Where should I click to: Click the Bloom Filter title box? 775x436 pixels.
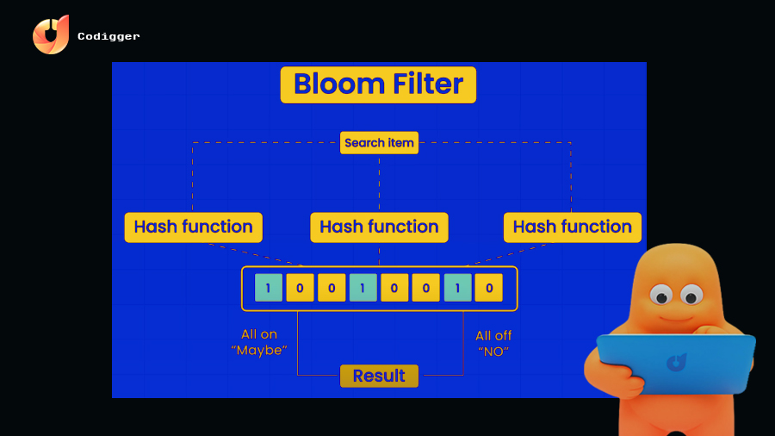click(x=378, y=84)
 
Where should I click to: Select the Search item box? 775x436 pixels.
click(x=379, y=143)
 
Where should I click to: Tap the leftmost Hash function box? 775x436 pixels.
click(x=193, y=227)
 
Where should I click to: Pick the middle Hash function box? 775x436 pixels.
click(x=379, y=227)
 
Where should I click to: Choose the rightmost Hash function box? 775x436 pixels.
click(x=572, y=227)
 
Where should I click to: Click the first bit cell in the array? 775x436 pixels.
click(x=269, y=288)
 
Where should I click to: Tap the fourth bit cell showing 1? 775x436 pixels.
click(x=363, y=288)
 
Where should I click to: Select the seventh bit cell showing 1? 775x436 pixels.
click(x=457, y=288)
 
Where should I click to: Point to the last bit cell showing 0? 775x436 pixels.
click(x=488, y=288)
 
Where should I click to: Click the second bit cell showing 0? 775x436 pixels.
click(x=300, y=288)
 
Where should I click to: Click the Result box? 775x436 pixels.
click(x=379, y=376)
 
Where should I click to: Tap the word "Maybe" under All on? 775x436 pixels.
click(x=259, y=352)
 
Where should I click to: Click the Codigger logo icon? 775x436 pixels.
click(x=51, y=35)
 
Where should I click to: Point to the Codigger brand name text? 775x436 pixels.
click(x=108, y=36)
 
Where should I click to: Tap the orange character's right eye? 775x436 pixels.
click(x=691, y=296)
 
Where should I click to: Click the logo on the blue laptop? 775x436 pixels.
click(x=676, y=362)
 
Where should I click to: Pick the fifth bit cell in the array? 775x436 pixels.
click(x=394, y=288)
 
